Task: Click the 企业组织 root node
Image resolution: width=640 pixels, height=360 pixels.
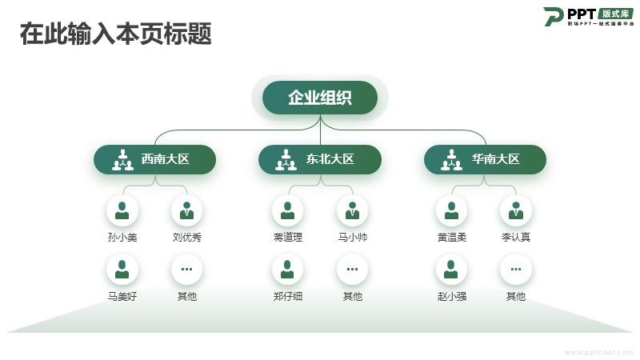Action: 320,98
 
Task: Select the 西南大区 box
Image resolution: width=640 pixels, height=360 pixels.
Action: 154,159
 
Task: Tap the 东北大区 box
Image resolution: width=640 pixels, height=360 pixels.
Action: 319,159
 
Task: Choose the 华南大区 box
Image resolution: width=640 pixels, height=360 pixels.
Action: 485,159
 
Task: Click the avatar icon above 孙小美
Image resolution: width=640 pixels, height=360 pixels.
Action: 122,210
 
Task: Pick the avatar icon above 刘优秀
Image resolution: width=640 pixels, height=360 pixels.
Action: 186,210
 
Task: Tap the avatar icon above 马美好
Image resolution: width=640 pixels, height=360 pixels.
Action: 122,270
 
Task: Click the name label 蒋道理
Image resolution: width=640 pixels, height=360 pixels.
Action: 287,238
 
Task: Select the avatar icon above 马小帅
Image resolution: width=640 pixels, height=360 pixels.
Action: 352,210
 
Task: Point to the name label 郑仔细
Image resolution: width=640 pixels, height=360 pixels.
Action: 287,297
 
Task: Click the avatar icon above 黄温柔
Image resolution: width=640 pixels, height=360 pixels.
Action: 451,210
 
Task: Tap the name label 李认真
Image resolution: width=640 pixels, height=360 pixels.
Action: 516,238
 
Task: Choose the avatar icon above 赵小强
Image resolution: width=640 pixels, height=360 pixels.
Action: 451,270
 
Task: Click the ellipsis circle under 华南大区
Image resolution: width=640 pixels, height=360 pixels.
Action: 516,270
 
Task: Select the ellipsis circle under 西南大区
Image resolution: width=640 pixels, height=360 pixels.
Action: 186,270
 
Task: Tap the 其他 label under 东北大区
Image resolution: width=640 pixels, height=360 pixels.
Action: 352,297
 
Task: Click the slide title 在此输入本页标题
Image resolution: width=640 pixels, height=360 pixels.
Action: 116,34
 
